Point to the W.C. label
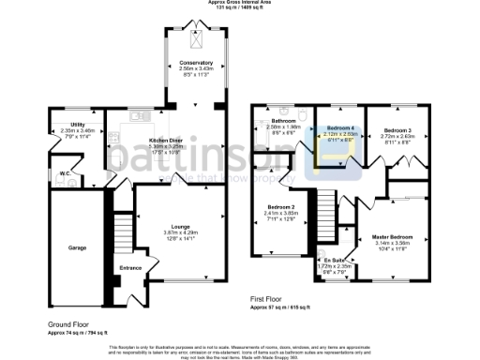tap(66, 173)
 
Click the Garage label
tap(77, 247)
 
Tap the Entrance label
tap(129, 267)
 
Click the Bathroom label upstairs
tap(284, 122)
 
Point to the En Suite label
tap(335, 260)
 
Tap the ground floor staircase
tap(120, 229)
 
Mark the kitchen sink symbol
tap(139, 117)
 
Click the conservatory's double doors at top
tap(197, 22)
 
